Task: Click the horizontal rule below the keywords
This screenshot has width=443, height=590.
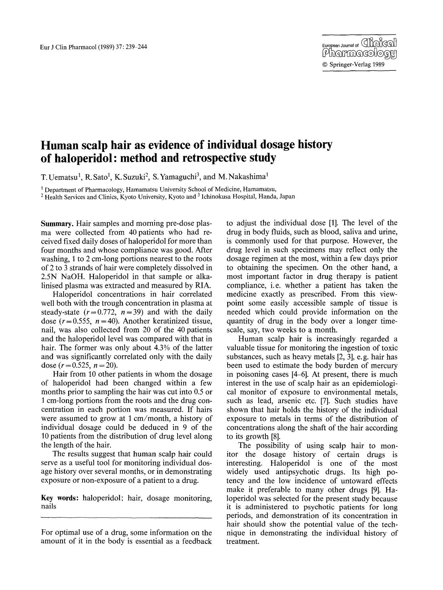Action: tap(126, 517)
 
